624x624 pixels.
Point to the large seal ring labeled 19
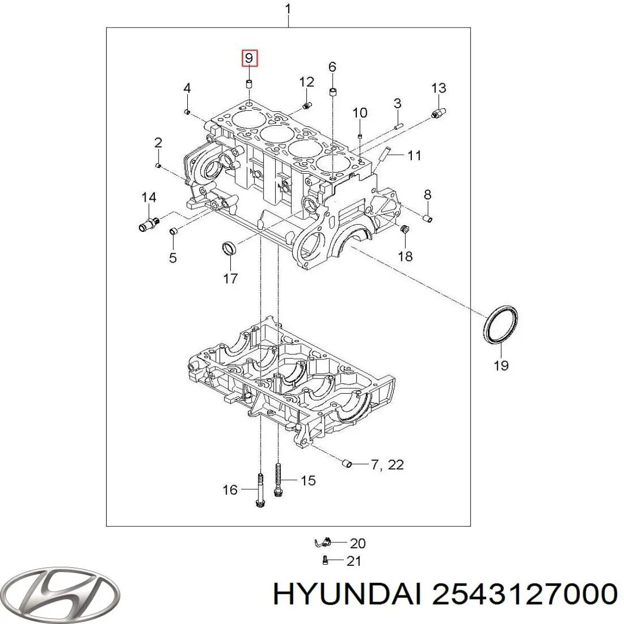click(501, 326)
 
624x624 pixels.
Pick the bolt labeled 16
click(259, 489)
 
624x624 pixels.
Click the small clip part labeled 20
click(323, 543)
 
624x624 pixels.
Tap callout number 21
click(354, 561)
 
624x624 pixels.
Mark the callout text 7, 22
click(388, 464)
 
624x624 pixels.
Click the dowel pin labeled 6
click(332, 93)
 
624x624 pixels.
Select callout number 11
click(414, 155)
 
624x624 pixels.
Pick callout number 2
click(158, 143)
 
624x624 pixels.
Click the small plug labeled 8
click(427, 218)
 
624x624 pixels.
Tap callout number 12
click(307, 82)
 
